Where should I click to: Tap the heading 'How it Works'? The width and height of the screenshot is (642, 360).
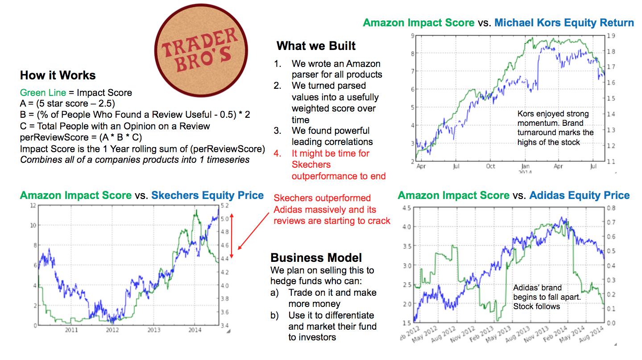point(58,75)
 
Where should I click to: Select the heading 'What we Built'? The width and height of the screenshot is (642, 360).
point(316,46)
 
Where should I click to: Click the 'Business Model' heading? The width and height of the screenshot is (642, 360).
point(316,258)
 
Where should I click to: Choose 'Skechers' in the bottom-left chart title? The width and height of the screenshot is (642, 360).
point(174,195)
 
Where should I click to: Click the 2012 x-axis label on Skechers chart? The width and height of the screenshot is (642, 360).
point(112,330)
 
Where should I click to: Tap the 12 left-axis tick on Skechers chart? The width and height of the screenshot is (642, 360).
point(33,206)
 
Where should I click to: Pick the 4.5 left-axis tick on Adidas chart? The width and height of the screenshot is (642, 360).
point(407,208)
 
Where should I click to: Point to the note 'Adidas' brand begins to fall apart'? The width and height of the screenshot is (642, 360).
point(537,297)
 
